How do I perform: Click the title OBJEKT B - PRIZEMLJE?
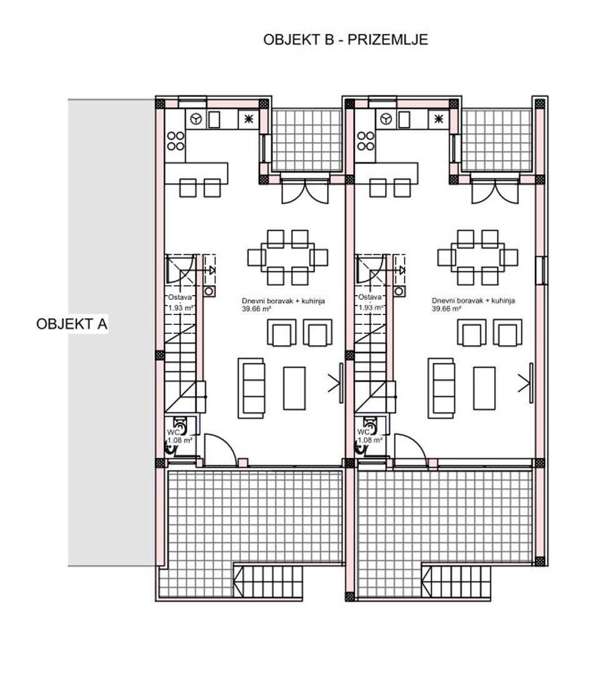(346, 39)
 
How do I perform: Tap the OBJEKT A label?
(71, 324)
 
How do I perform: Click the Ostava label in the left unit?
(180, 297)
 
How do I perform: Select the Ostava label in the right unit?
(370, 297)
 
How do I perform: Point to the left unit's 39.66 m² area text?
(256, 309)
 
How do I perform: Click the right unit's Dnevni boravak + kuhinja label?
(473, 301)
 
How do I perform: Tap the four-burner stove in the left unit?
(176, 141)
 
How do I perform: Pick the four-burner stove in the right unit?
(366, 141)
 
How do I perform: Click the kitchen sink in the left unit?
(214, 119)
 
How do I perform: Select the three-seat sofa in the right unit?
(441, 388)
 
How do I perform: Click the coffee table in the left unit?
(294, 388)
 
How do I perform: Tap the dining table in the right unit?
(477, 257)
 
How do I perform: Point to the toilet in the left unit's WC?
(180, 426)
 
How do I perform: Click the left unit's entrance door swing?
(221, 450)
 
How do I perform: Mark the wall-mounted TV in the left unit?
(341, 382)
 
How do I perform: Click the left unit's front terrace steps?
(269, 581)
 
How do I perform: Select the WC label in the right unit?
(364, 432)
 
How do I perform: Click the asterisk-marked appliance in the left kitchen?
(249, 119)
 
